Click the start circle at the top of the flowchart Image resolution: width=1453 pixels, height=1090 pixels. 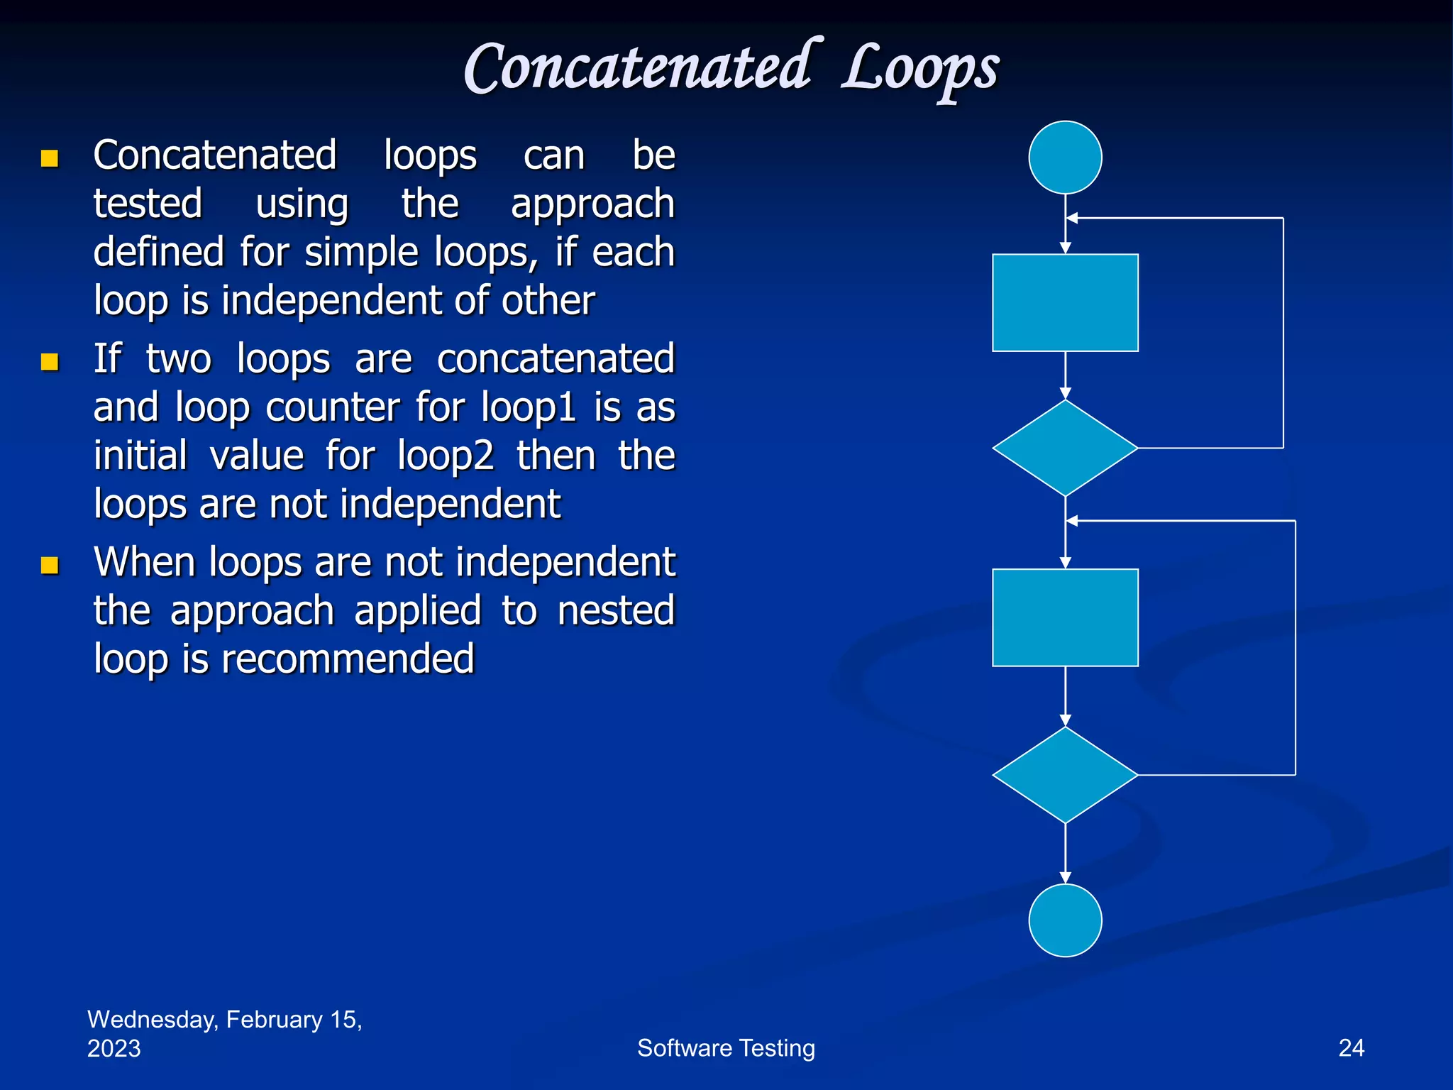pyautogui.click(x=1065, y=158)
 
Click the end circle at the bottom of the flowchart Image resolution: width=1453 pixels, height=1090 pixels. pyautogui.click(x=1065, y=920)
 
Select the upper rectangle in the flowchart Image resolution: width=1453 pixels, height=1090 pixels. pyautogui.click(x=1065, y=303)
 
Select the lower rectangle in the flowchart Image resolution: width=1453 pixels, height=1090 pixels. pyautogui.click(x=1065, y=617)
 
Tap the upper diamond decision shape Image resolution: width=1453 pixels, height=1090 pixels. pyautogui.click(x=1065, y=448)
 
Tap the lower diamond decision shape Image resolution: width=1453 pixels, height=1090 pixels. pyautogui.click(x=1065, y=775)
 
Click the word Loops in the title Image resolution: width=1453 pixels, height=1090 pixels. pyautogui.click(x=920, y=70)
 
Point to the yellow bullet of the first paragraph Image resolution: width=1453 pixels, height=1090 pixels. pyautogui.click(x=50, y=158)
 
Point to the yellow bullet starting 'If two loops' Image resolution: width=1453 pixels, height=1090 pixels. pyautogui.click(x=50, y=362)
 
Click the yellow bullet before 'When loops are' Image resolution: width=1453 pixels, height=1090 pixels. pyautogui.click(x=50, y=565)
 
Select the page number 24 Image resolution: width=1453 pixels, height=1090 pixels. pyautogui.click(x=1351, y=1048)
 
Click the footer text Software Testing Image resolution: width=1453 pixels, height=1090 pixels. pyautogui.click(x=726, y=1048)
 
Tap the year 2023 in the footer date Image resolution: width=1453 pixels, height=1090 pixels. pyautogui.click(x=114, y=1049)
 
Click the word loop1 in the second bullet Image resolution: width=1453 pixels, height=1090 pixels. pyautogui.click(x=528, y=408)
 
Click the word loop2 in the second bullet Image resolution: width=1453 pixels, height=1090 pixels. pyautogui.click(x=445, y=456)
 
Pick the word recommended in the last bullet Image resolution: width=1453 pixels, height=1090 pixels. pyautogui.click(x=348, y=659)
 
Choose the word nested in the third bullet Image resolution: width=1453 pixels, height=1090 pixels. pyautogui.click(x=615, y=611)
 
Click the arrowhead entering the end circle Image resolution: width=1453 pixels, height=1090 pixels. pyautogui.click(x=1065, y=878)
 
